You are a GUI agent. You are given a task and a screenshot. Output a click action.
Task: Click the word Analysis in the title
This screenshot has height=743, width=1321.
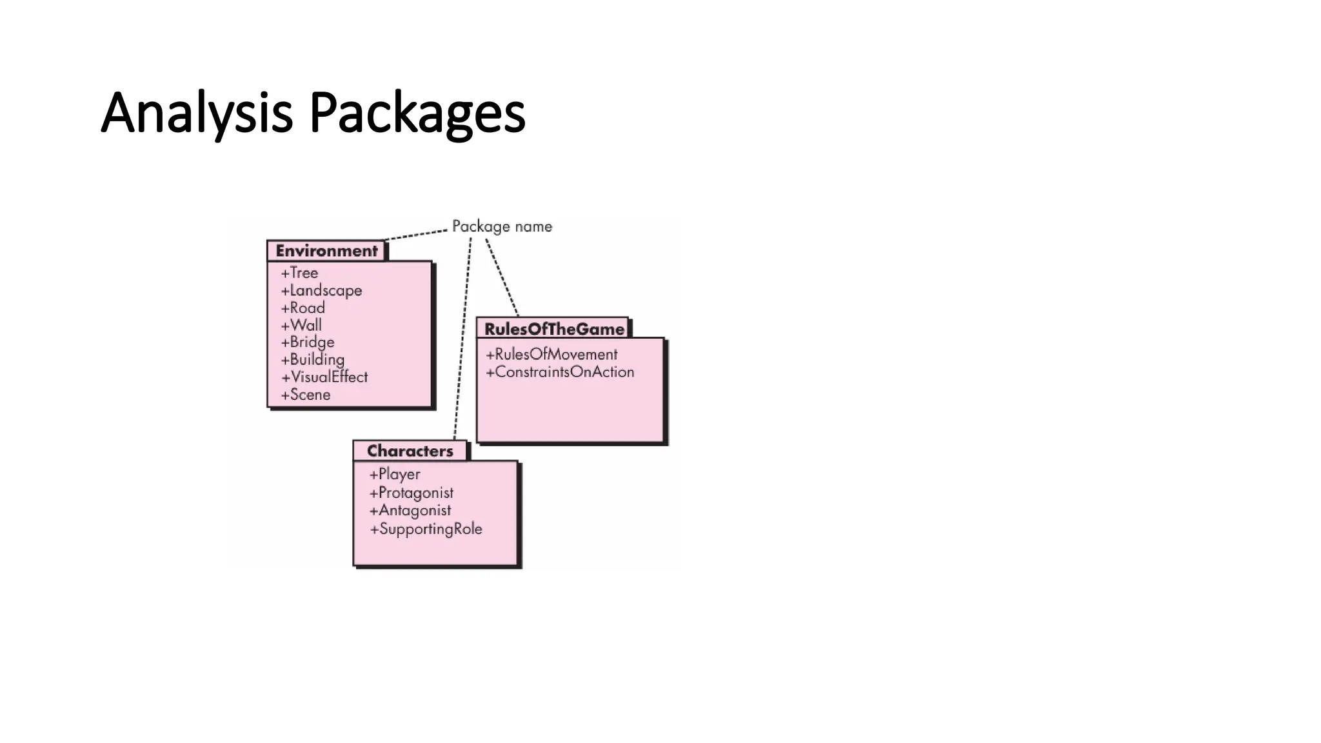pyautogui.click(x=197, y=114)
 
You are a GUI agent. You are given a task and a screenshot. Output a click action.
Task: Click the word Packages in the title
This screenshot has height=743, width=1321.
pyautogui.click(x=417, y=114)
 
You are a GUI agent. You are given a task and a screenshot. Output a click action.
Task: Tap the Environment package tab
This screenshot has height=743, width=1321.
pyautogui.click(x=326, y=251)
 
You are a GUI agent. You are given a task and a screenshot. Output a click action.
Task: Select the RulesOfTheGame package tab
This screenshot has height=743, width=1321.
pyautogui.click(x=553, y=329)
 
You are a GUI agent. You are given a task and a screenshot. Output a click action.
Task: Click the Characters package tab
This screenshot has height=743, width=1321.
pyautogui.click(x=410, y=451)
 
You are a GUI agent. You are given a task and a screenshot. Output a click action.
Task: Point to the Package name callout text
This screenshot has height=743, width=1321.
pyautogui.click(x=502, y=226)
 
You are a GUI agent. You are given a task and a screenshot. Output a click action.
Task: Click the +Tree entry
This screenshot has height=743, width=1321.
pyautogui.click(x=299, y=273)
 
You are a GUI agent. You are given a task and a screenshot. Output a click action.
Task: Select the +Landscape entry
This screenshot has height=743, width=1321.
pyautogui.click(x=321, y=290)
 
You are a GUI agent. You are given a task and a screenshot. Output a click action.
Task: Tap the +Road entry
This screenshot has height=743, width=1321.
pyautogui.click(x=303, y=308)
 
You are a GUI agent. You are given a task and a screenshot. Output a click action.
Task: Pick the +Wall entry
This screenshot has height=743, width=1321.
pyautogui.click(x=301, y=325)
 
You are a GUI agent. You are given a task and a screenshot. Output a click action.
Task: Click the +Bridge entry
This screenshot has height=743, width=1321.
pyautogui.click(x=308, y=342)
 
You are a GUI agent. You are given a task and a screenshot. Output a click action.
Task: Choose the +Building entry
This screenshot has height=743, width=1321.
pyautogui.click(x=312, y=360)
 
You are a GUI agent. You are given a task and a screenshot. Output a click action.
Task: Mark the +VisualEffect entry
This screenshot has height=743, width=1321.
pyautogui.click(x=324, y=377)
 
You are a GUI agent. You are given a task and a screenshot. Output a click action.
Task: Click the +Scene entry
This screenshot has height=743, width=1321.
pyautogui.click(x=305, y=395)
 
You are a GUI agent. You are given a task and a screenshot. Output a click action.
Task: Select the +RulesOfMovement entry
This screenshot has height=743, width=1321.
pyautogui.click(x=551, y=355)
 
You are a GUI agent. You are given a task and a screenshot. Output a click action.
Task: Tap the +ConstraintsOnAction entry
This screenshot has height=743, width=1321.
pyautogui.click(x=560, y=372)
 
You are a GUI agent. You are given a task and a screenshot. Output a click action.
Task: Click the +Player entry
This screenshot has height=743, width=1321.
pyautogui.click(x=394, y=474)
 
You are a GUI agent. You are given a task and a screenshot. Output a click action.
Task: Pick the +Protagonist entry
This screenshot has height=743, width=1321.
pyautogui.click(x=411, y=493)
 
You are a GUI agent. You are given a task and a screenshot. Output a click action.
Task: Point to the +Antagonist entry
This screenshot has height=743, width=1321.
pyautogui.click(x=410, y=510)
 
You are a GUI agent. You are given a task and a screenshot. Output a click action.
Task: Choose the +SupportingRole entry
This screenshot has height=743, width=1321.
pyautogui.click(x=426, y=529)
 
